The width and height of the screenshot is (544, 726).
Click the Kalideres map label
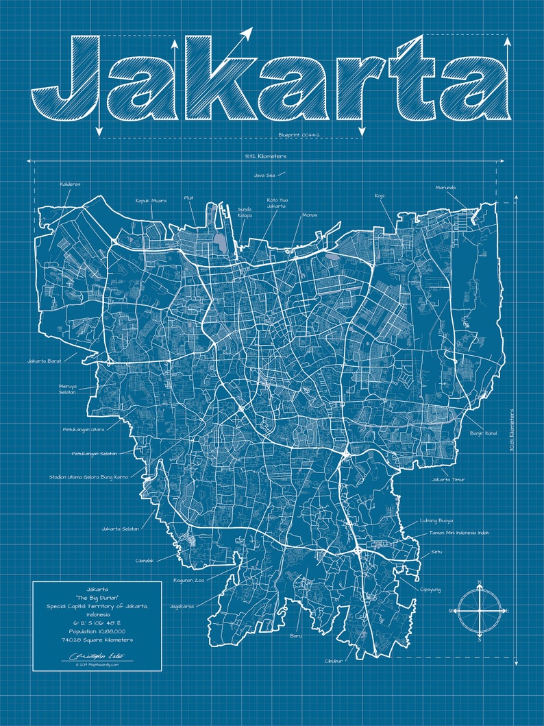70,184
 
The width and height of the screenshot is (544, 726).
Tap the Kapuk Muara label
150,200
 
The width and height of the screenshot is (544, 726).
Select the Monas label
309,215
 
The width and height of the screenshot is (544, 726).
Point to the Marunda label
445,187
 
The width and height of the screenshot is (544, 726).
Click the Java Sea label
264,175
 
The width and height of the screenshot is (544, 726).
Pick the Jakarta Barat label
46,361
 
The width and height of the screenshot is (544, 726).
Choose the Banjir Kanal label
483,433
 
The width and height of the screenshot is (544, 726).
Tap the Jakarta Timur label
448,479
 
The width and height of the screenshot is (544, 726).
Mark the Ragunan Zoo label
188,580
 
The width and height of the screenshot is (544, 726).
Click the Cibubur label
334,661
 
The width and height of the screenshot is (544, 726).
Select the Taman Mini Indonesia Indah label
459,533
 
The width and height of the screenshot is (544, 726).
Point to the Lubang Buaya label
436,520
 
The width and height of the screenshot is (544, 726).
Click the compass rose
479,609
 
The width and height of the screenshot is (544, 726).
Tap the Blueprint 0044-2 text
299,135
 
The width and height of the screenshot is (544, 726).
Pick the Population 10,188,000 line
97,630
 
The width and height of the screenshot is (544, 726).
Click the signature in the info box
96,655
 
